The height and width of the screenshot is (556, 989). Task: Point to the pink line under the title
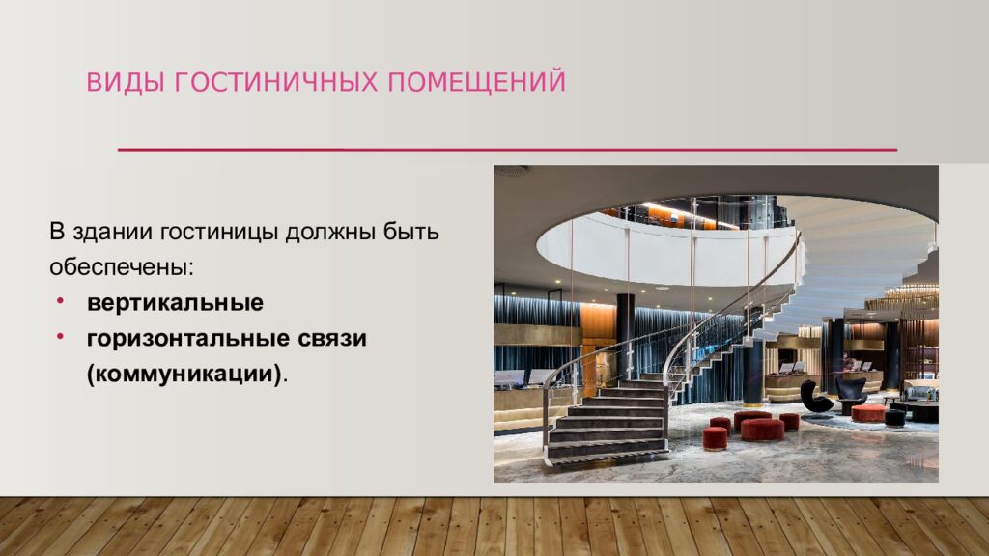click(507, 150)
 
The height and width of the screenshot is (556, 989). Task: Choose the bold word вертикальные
click(175, 303)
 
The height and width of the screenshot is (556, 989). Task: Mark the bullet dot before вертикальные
click(60, 302)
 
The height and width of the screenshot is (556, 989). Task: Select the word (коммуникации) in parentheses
click(186, 373)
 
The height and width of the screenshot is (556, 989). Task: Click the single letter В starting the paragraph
click(57, 234)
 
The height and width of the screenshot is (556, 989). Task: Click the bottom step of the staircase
click(608, 451)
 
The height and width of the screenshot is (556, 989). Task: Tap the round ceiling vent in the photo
click(512, 171)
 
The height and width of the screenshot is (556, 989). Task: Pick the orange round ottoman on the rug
click(868, 413)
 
